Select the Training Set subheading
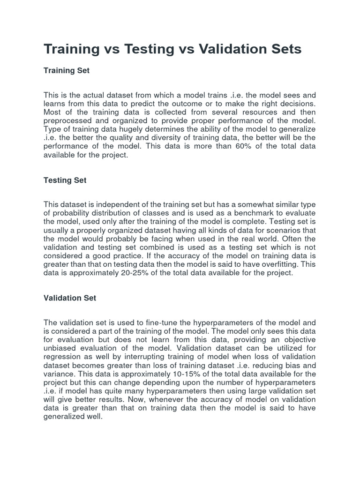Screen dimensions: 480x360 pyautogui.click(x=66, y=70)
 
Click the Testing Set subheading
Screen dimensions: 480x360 pyautogui.click(x=65, y=180)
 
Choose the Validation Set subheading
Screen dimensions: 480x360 pyautogui.click(x=70, y=298)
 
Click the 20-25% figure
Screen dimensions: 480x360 pyautogui.click(x=137, y=273)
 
